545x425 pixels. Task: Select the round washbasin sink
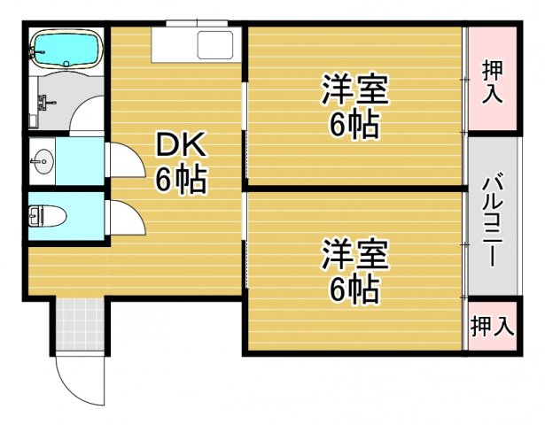pos(41,161)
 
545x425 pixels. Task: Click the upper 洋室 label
pos(354,89)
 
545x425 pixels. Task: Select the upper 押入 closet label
pos(493,81)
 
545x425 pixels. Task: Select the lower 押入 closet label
pos(492,326)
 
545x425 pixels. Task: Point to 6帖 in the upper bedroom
pos(354,126)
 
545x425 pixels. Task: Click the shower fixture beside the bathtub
pos(40,99)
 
